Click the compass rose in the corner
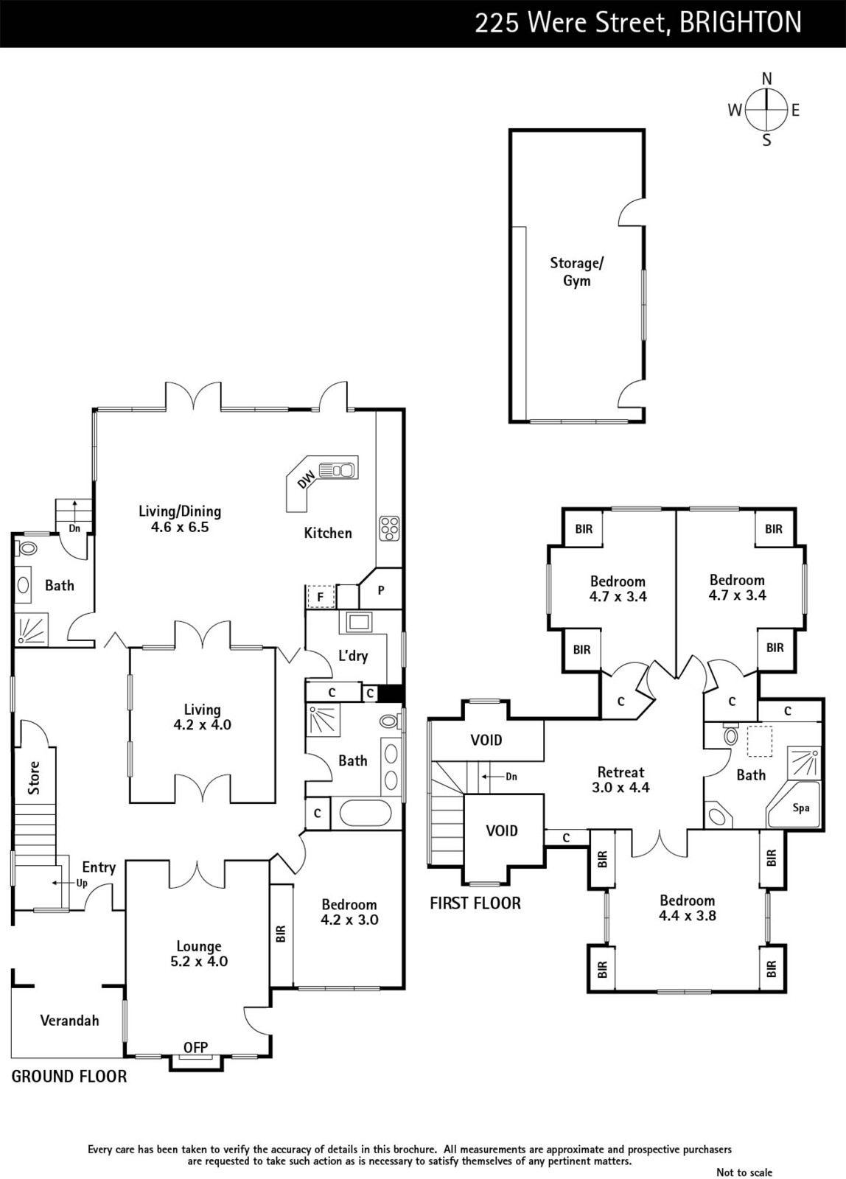pyautogui.click(x=766, y=110)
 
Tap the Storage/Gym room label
pyautogui.click(x=576, y=272)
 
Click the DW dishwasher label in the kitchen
pyautogui.click(x=306, y=480)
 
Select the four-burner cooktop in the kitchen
pyautogui.click(x=390, y=528)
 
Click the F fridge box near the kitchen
pyautogui.click(x=320, y=598)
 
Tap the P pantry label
pyautogui.click(x=380, y=590)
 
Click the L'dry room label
pyautogui.click(x=353, y=655)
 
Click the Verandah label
pyautogui.click(x=69, y=1021)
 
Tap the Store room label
pyautogui.click(x=34, y=778)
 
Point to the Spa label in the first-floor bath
pyautogui.click(x=801, y=808)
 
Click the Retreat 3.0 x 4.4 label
pyautogui.click(x=620, y=780)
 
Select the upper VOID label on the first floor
pyautogui.click(x=486, y=740)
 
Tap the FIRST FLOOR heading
pyautogui.click(x=475, y=903)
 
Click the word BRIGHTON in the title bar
pyautogui.click(x=741, y=23)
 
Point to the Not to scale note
pyautogui.click(x=744, y=1172)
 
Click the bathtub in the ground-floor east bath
pyautogui.click(x=366, y=814)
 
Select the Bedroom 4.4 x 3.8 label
pyautogui.click(x=687, y=908)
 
